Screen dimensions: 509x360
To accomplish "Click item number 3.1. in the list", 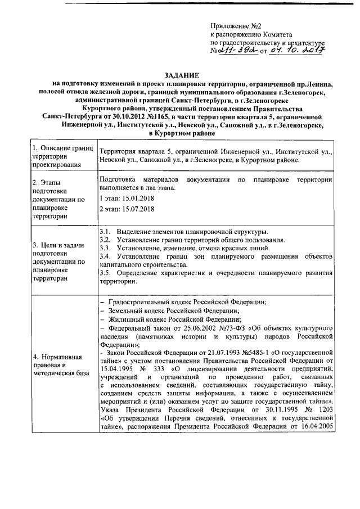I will coord(105,232).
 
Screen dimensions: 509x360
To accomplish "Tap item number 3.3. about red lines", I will coord(105,247).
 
